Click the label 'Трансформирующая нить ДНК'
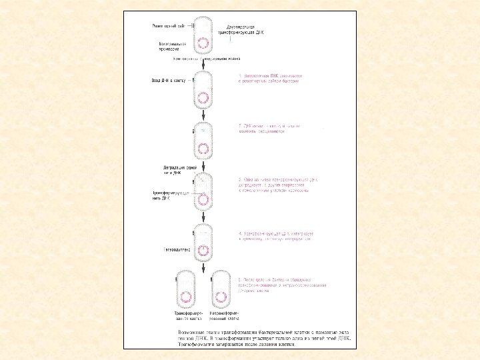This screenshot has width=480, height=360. pos(172,195)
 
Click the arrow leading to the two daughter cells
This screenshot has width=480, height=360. pos(203,264)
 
